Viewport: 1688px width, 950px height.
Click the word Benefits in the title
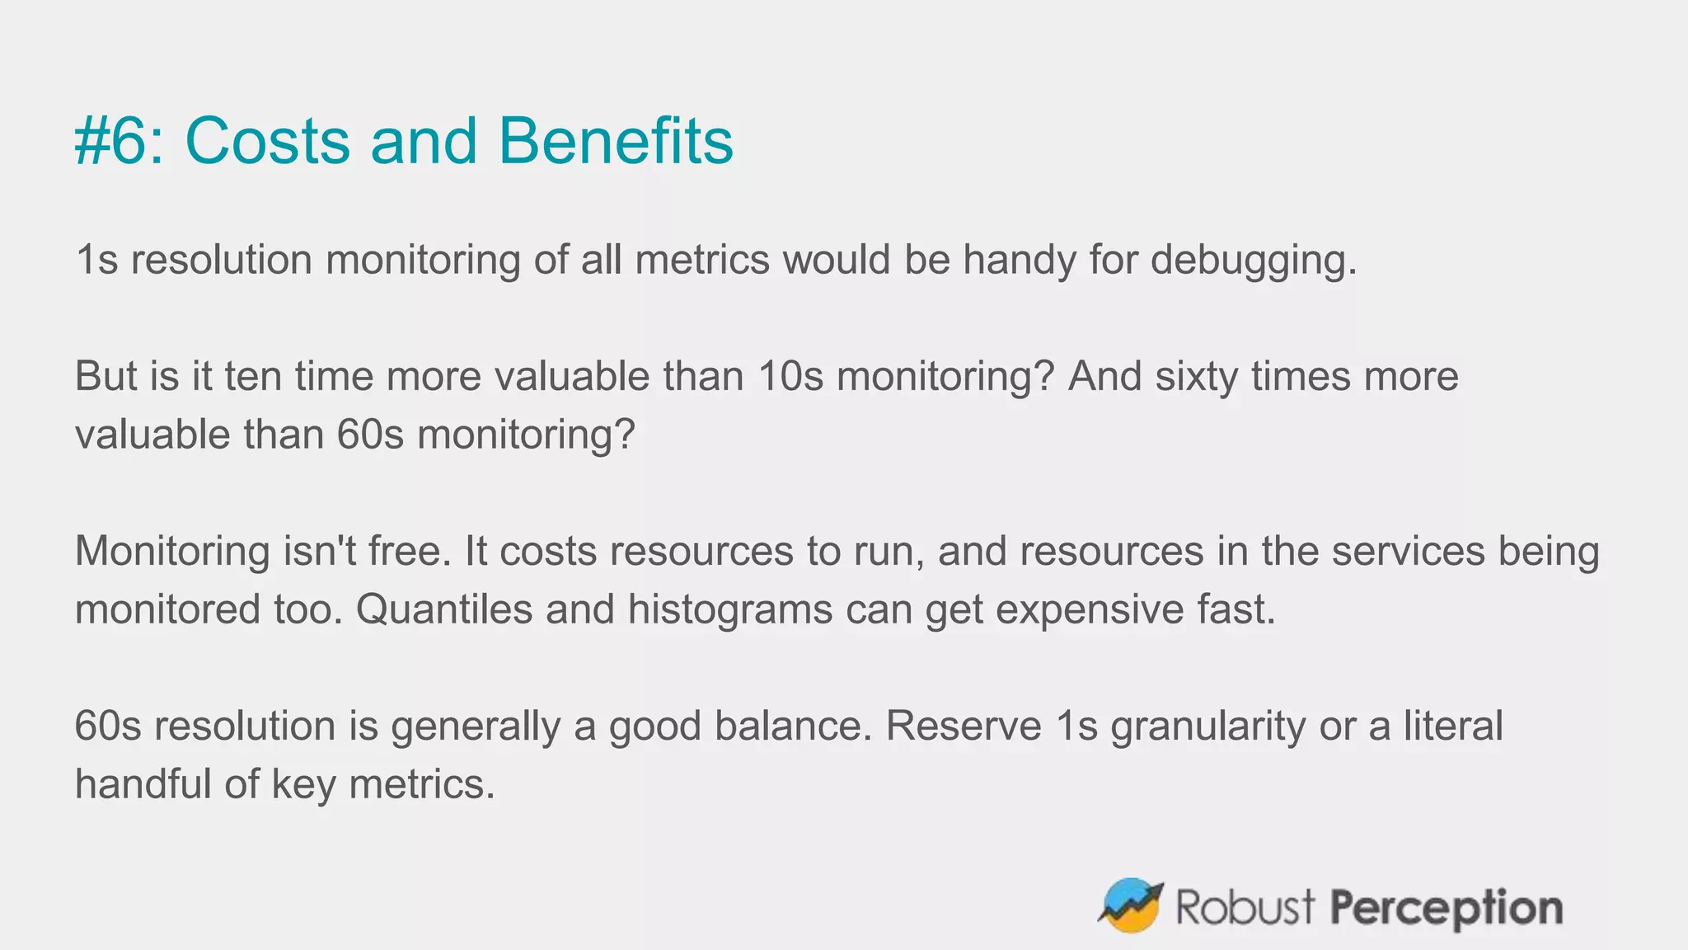click(x=615, y=141)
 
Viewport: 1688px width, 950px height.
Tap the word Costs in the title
click(x=268, y=141)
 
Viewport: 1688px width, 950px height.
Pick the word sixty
click(x=1196, y=377)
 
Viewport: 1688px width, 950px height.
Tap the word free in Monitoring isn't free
click(x=410, y=551)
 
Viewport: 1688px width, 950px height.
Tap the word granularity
click(x=1207, y=727)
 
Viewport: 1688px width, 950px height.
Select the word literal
click(x=1454, y=727)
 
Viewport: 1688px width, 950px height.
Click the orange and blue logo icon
click(x=1131, y=905)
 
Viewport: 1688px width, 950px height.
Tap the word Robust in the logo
click(x=1245, y=907)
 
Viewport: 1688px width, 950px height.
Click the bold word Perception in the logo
click(x=1447, y=907)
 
